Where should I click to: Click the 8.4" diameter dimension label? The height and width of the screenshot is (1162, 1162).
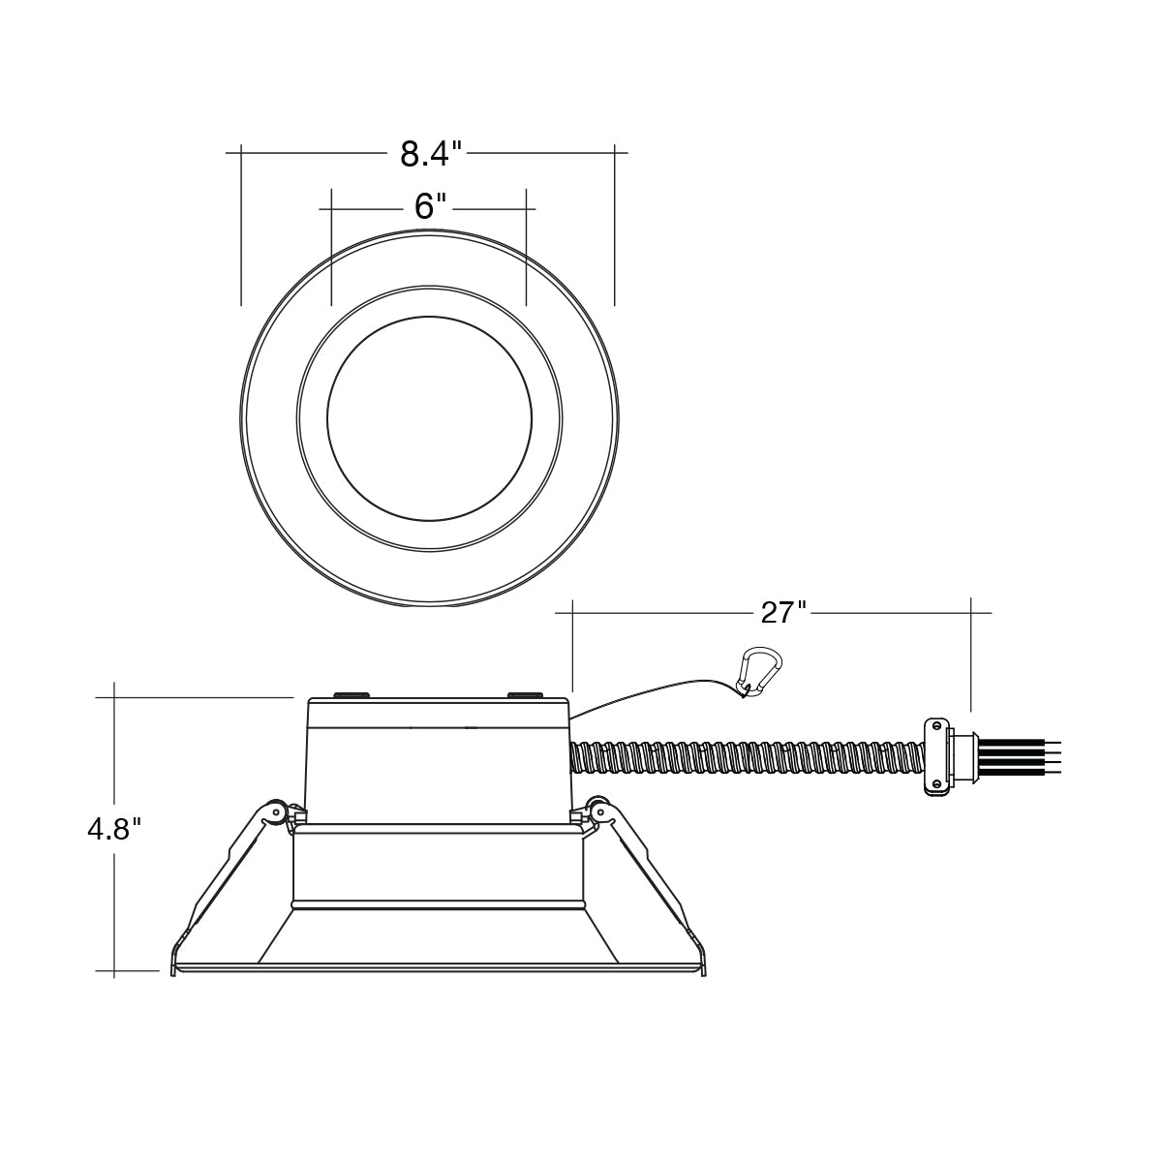coord(431,154)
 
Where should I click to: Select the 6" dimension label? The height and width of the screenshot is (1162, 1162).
coord(430,207)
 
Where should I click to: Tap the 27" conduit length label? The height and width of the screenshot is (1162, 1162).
coord(783,613)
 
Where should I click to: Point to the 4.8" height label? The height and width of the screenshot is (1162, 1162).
coord(114,830)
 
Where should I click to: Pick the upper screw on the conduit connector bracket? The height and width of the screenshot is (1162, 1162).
coord(936,724)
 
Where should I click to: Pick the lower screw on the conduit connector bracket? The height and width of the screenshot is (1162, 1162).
coord(936,783)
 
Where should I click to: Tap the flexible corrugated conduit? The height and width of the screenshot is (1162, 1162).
coord(747,758)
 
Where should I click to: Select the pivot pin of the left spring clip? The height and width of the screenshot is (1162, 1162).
coord(277,812)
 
